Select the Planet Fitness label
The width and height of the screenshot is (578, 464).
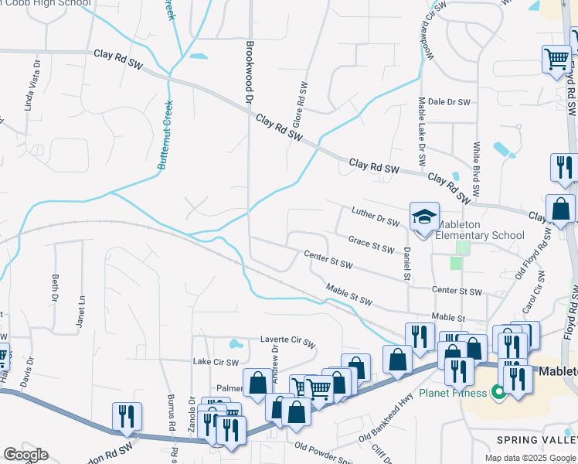coord(453,392)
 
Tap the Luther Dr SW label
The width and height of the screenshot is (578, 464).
coord(375,217)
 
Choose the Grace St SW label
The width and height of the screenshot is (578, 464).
coord(372,244)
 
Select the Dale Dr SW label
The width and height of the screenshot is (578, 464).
coord(449,102)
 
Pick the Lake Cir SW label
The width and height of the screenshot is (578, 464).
coord(216,361)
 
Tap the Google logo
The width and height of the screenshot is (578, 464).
coord(25,455)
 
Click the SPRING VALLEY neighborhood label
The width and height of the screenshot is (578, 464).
coord(536,439)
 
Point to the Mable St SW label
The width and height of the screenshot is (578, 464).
coord(349,295)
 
